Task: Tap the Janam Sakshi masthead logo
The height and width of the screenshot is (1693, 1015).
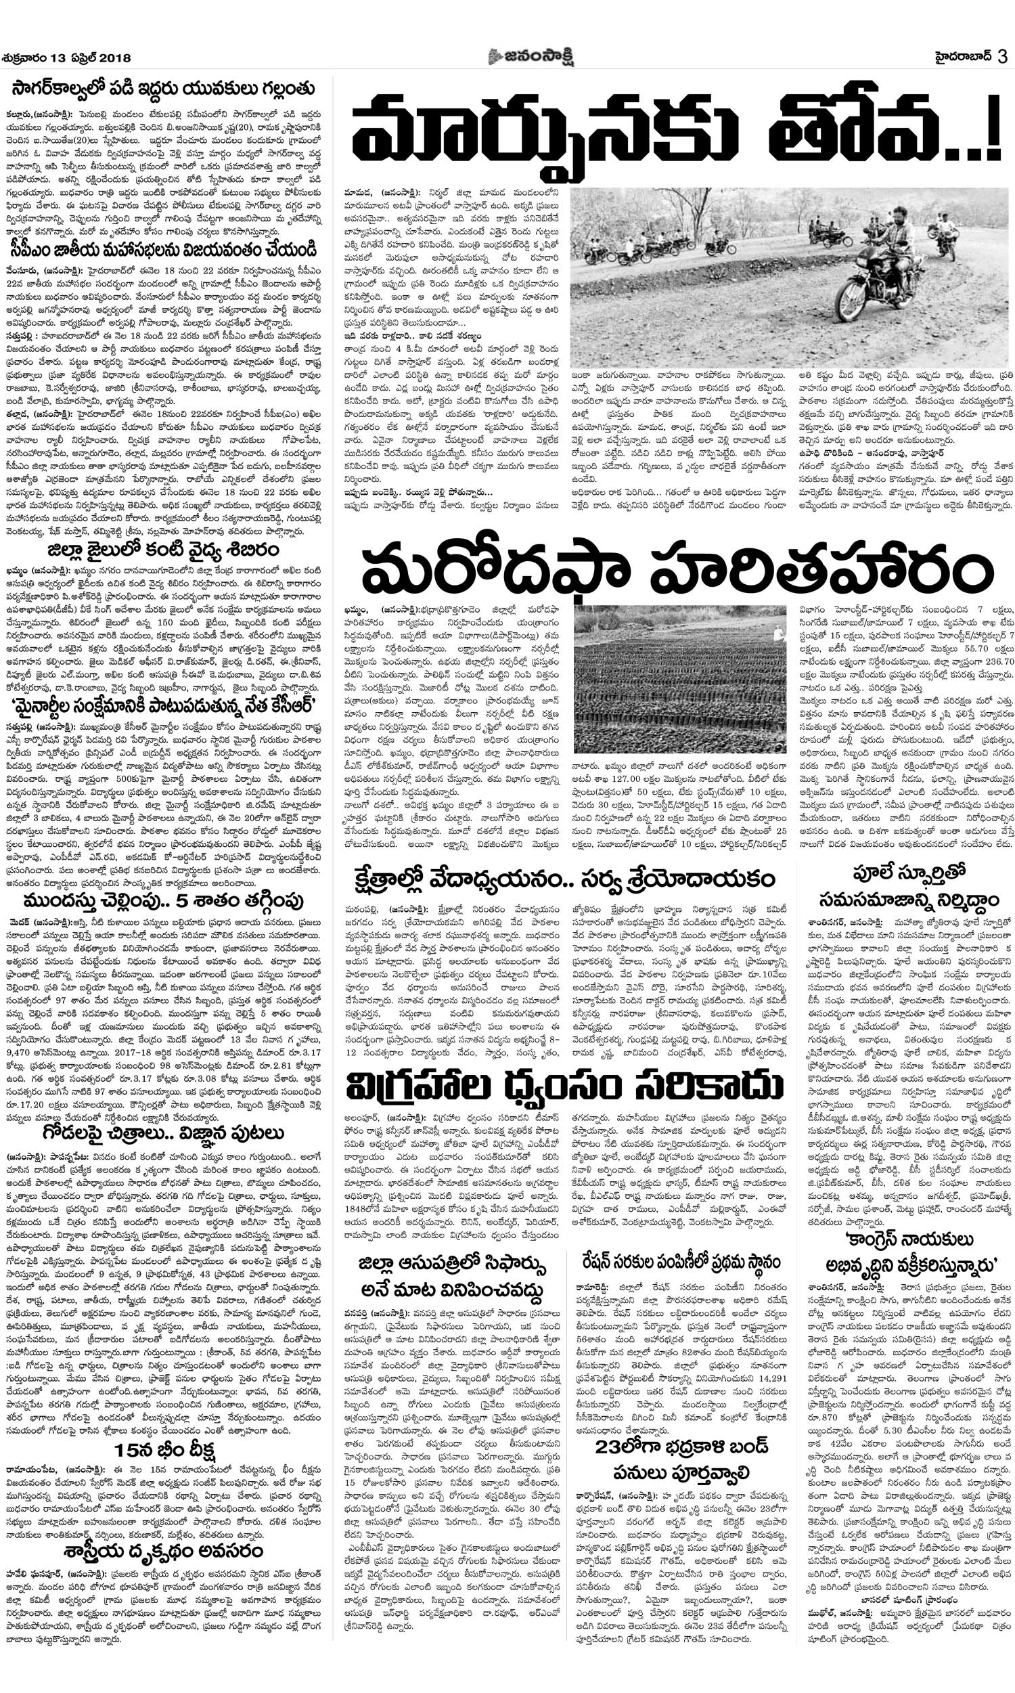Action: [531, 58]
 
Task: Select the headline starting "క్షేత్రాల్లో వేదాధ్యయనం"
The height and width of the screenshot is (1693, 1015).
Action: [564, 878]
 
